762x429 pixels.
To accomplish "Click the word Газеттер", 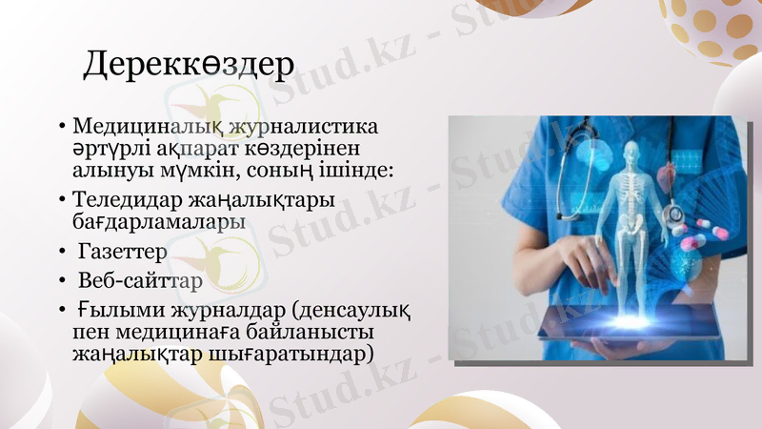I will click(x=123, y=253).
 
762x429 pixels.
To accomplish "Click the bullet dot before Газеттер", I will click(x=62, y=254).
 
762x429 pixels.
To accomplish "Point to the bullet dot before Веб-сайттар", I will click(x=62, y=284).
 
